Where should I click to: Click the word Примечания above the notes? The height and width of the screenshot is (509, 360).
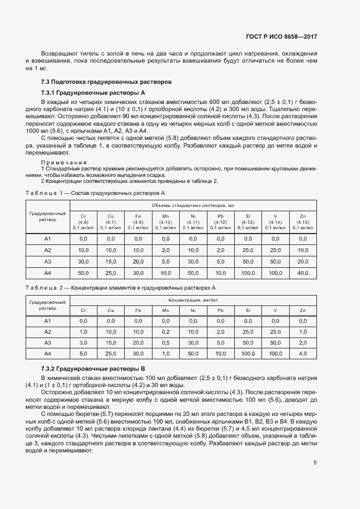[64, 162]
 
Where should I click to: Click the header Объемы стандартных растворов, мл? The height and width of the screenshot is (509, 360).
[193, 205]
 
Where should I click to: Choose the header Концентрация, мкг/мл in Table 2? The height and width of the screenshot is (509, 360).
[193, 299]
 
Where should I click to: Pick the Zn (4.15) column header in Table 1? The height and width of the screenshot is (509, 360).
[303, 222]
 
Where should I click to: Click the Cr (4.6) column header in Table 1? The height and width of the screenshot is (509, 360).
[83, 222]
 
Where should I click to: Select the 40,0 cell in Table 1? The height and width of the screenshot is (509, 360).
[303, 262]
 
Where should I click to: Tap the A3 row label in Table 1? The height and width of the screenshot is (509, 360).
[48, 262]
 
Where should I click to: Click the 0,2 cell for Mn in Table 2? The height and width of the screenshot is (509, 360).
[166, 332]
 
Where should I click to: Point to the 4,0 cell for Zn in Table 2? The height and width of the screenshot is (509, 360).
[303, 353]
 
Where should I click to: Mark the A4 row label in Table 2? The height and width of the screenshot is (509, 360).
[48, 353]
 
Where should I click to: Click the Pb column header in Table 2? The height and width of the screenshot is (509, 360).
[221, 310]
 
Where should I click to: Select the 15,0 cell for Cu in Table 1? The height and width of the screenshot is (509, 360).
[111, 262]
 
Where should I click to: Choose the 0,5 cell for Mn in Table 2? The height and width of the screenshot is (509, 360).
[166, 342]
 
